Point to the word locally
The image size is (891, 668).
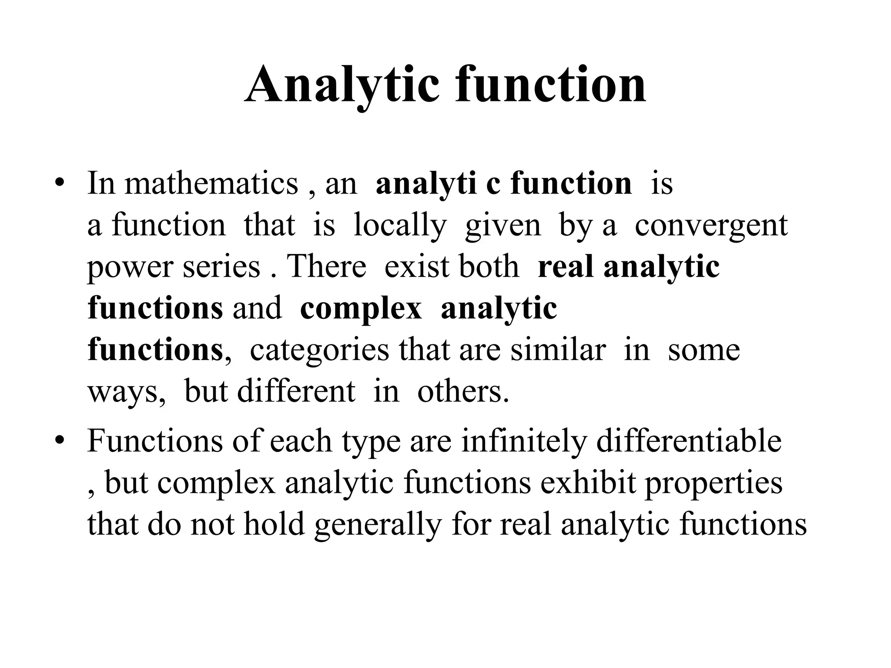coord(400,225)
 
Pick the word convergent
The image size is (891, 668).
coord(711,225)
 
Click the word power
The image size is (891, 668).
coord(130,267)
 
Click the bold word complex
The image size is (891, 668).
coord(361,309)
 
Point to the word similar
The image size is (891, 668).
coord(558,350)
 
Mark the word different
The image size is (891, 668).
coord(296,391)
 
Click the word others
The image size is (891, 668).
coord(463,391)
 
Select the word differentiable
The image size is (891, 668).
coord(689,441)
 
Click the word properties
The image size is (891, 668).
coord(713,484)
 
